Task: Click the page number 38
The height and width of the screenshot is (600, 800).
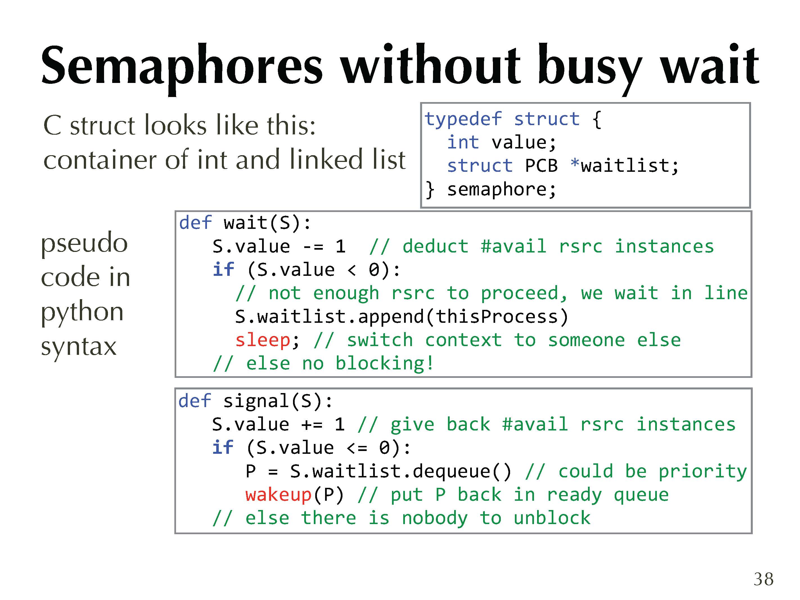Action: pyautogui.click(x=763, y=579)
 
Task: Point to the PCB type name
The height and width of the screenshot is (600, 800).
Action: pyautogui.click(x=541, y=166)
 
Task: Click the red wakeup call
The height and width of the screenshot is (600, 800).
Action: pyautogui.click(x=278, y=495)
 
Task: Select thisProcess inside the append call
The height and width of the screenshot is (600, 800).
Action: pyautogui.click(x=497, y=317)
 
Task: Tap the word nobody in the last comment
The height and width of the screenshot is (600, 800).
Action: pyautogui.click(x=435, y=518)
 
